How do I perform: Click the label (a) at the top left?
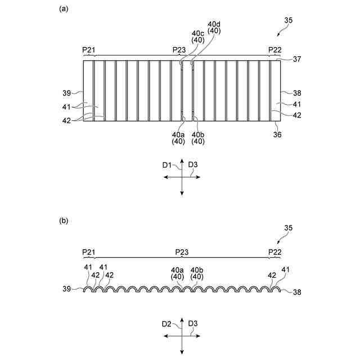click(64, 9)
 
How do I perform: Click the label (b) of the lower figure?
click(64, 221)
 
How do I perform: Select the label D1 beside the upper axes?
click(167, 165)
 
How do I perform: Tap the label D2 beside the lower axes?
click(167, 323)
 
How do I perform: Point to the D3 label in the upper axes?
click(193, 165)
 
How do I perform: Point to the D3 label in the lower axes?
click(193, 323)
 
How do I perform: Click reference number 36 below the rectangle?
click(277, 134)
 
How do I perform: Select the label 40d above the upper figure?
click(214, 25)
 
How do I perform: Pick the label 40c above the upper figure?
click(198, 34)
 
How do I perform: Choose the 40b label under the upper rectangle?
click(198, 134)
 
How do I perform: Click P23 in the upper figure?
click(179, 49)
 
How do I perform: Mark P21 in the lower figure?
click(88, 251)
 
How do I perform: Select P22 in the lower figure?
click(274, 251)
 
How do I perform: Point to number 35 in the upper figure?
click(289, 21)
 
